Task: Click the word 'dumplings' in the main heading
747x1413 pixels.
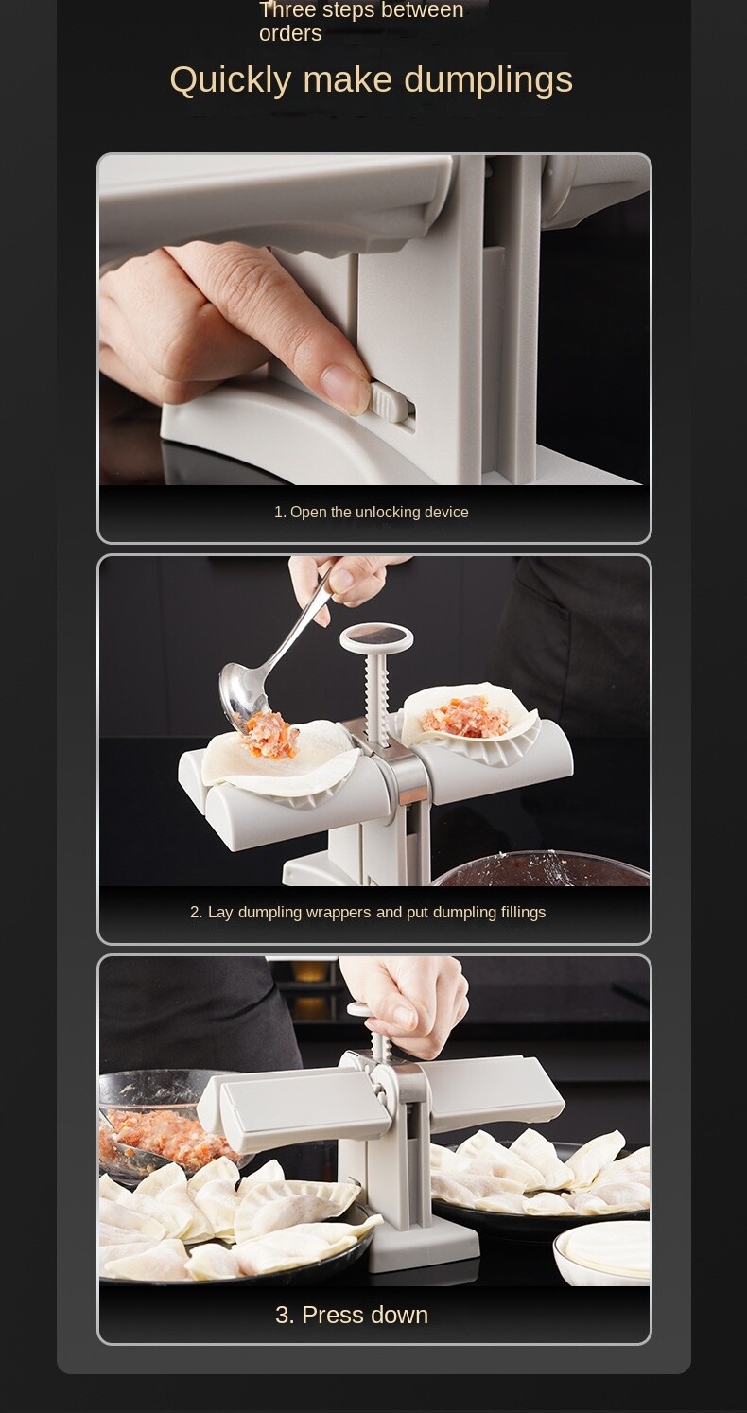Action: point(488,80)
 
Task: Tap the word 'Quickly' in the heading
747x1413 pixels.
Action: point(231,80)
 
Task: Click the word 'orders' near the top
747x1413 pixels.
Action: point(290,33)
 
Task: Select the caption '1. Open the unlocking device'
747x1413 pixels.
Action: point(371,513)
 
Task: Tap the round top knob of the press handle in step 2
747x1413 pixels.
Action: point(376,639)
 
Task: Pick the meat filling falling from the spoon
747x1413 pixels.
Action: point(272,736)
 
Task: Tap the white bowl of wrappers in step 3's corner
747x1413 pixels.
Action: point(602,1252)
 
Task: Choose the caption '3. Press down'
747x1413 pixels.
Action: point(352,1315)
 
